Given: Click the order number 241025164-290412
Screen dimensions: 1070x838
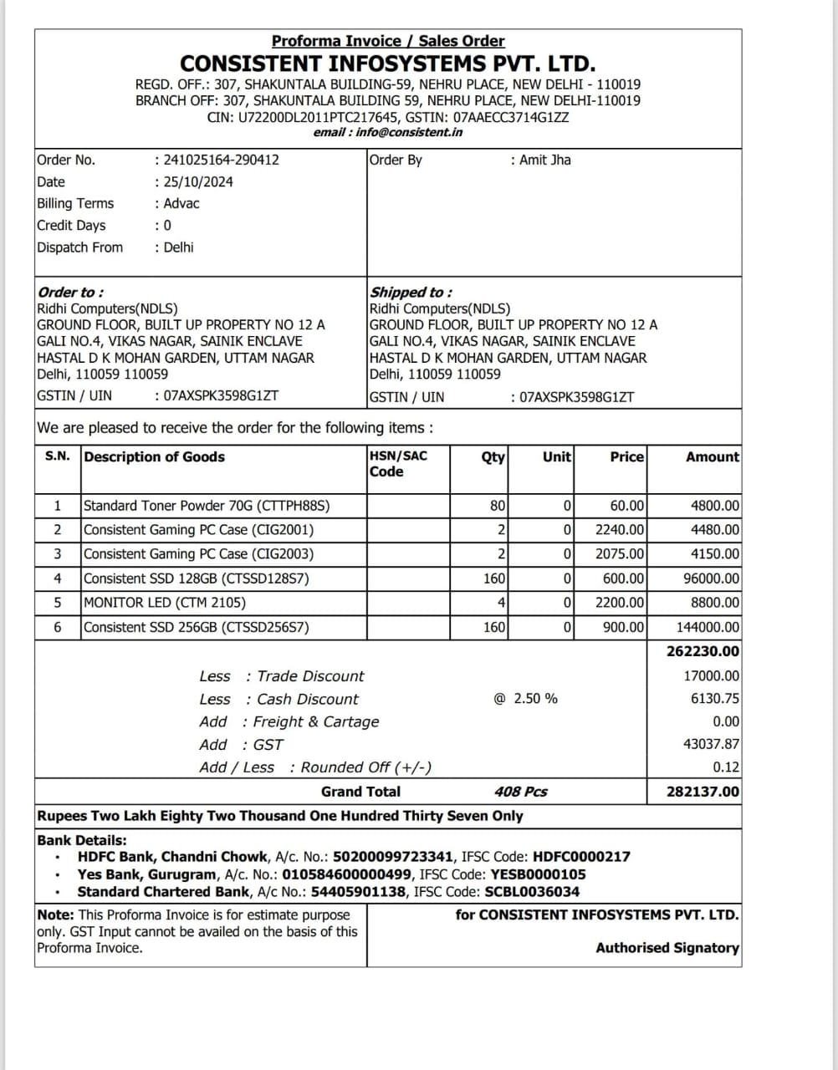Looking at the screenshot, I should click(222, 160).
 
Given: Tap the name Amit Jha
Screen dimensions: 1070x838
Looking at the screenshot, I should click(545, 160).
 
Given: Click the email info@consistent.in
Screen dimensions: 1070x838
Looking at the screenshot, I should click(409, 132).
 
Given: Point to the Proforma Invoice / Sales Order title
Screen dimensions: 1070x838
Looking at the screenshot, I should click(388, 41).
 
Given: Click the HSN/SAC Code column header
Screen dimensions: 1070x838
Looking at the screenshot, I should click(397, 464).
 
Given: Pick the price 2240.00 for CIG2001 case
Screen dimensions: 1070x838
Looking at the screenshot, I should click(620, 530).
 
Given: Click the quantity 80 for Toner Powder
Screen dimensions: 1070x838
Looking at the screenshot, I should click(498, 506).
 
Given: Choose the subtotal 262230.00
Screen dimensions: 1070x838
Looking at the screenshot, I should click(703, 651).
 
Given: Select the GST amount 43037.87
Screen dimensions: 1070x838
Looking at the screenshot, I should click(711, 744).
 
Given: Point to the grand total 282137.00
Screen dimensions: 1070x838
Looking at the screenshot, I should click(703, 792).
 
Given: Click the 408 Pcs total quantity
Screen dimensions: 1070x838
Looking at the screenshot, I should click(520, 792).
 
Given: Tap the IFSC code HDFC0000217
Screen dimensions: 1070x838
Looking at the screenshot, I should click(581, 857).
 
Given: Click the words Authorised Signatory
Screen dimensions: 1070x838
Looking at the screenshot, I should click(667, 948).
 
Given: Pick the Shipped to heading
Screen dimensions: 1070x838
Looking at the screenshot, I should click(411, 292).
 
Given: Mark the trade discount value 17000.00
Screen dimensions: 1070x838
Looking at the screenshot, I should click(711, 676).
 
